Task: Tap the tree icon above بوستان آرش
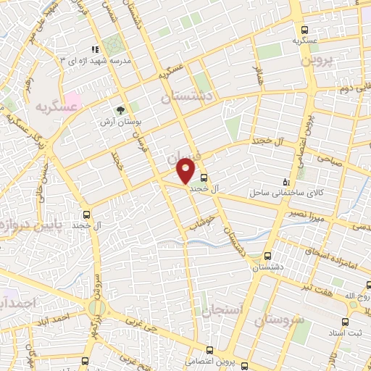[x=120, y=111]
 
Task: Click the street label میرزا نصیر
[x=311, y=215]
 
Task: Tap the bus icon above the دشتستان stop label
[x=269, y=257]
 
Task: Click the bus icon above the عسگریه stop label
[x=305, y=30]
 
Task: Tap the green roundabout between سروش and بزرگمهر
[x=96, y=309]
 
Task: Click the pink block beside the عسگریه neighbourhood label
[x=74, y=100]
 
